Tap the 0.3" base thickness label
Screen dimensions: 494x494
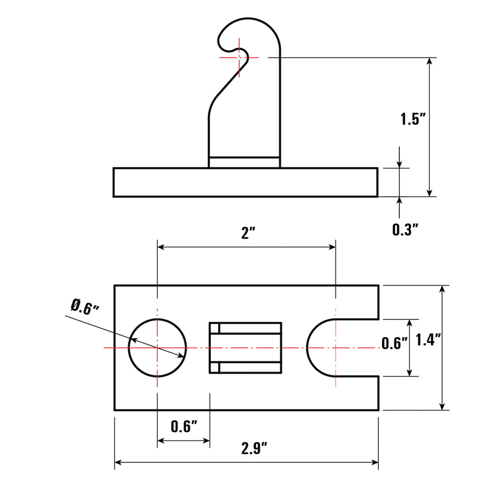[404, 230]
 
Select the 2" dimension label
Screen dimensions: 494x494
[248, 234]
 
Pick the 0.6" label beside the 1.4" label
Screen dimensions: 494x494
[394, 343]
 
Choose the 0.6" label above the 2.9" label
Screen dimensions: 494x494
[184, 426]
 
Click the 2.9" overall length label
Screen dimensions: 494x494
[254, 449]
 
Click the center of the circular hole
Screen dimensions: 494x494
[157, 347]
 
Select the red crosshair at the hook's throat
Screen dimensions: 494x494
[239, 57]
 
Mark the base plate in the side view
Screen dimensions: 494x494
[245, 182]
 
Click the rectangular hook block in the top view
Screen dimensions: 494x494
[245, 347]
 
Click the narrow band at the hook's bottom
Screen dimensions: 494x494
[244, 163]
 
